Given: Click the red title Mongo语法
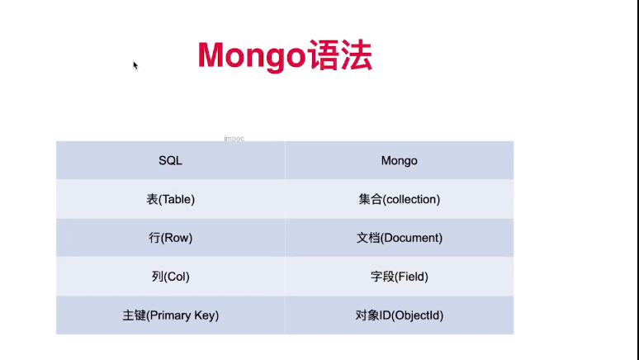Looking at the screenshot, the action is point(285,55).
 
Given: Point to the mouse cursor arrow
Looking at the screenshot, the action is point(135,65).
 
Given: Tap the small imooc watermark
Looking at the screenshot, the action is point(234,139).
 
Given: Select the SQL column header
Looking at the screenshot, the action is point(170,161).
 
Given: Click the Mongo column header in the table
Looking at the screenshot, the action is point(400,161).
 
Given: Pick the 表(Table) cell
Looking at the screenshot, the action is point(170,199).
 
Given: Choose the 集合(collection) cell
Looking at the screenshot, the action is point(400,199).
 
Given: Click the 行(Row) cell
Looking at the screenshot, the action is point(170,238).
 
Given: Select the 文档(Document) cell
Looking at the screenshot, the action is point(400,238).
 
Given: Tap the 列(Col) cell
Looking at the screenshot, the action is point(170,277).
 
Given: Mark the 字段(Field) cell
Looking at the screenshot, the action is point(400,277).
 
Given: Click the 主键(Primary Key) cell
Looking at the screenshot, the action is point(170,315).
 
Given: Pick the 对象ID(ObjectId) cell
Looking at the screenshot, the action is point(400,315).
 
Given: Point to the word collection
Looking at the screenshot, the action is point(411,199).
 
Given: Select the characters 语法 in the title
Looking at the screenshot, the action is point(340,55).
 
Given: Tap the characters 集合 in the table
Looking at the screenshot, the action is point(370,199).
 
